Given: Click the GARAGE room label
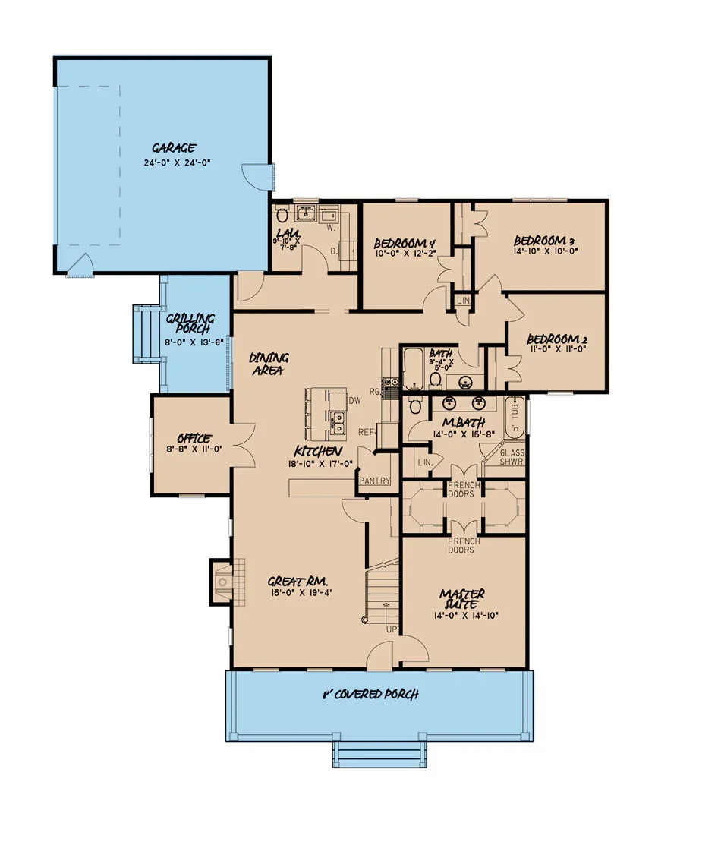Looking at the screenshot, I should pos(174,148).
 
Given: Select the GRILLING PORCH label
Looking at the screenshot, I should pos(190,324).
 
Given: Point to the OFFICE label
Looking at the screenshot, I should pos(194,439).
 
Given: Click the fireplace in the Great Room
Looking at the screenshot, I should pos(222,582).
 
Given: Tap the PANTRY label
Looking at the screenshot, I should pos(375,481).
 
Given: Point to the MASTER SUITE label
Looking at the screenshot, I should pos(462,599).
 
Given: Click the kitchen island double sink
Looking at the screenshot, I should pos(337,420).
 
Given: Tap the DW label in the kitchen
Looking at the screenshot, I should pos(354,400).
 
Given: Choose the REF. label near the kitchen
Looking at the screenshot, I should pos(367,432).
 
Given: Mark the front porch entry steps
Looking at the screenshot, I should pos(379,755).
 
